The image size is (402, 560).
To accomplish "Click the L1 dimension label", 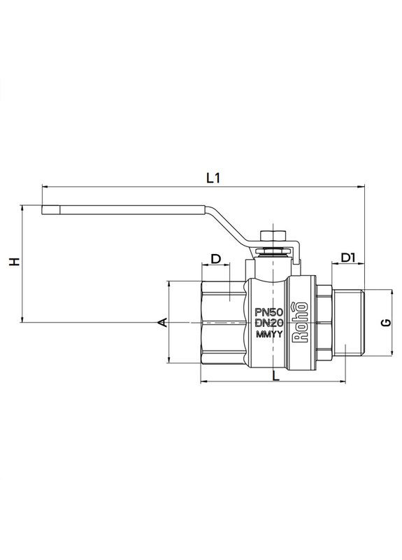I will (214, 178).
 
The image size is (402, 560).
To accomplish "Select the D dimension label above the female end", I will (216, 258).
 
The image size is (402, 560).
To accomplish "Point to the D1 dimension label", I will (349, 258).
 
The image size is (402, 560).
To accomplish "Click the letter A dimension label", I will (161, 321).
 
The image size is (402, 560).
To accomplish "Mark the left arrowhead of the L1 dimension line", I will (45, 187).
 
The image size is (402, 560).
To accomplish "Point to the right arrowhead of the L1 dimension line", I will (363, 187).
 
